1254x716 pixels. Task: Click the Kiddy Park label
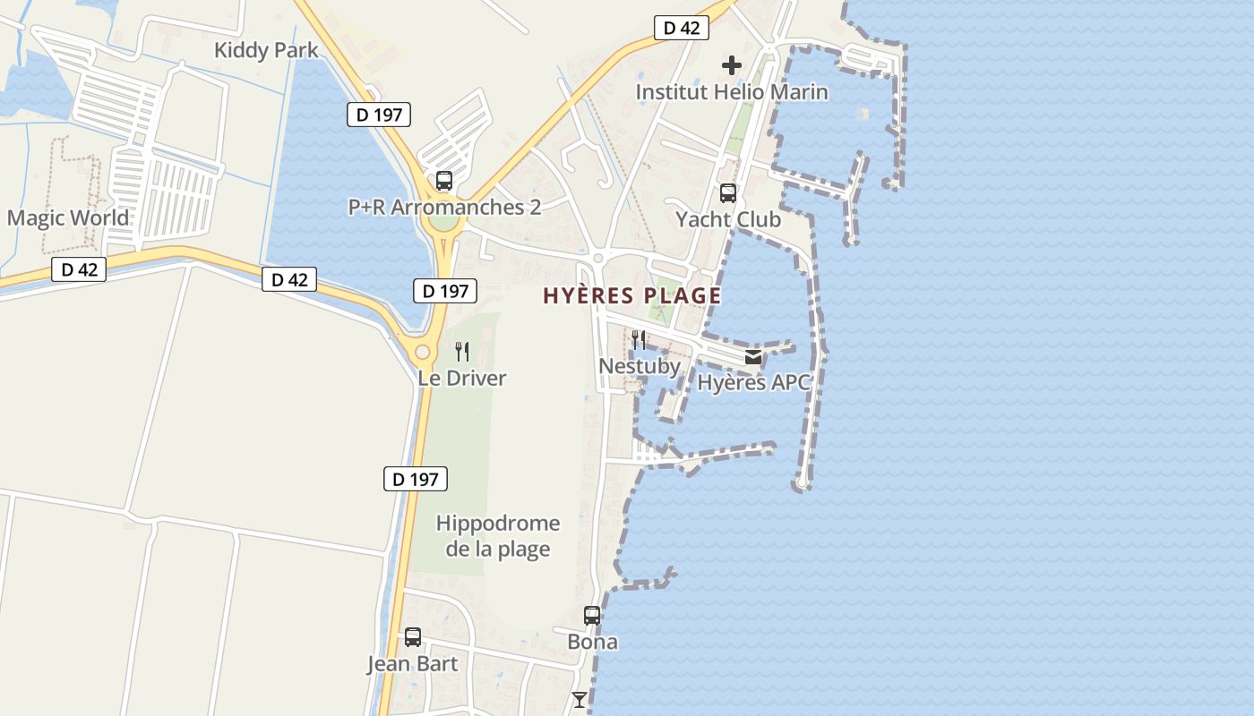[x=266, y=50]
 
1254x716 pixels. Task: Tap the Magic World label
[x=68, y=217]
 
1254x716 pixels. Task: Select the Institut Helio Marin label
[x=731, y=91]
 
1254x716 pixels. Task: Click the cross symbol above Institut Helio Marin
[x=732, y=65]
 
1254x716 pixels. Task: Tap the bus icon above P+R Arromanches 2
[x=443, y=181]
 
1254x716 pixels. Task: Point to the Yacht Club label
[x=727, y=219]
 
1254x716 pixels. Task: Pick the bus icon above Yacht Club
[x=728, y=193]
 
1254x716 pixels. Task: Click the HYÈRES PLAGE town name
[x=631, y=295]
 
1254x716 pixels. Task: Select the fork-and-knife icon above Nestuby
[x=639, y=340]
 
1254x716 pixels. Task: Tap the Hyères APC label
[x=753, y=383]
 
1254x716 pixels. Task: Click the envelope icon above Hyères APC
[x=753, y=357]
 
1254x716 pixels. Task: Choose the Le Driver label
[x=462, y=378]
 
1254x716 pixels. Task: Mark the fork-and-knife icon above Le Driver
[x=462, y=352]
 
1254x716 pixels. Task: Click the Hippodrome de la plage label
[x=497, y=535]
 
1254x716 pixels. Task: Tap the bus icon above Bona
[x=592, y=616]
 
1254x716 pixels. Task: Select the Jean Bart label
[x=412, y=664]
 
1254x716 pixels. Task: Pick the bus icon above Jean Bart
[x=412, y=637]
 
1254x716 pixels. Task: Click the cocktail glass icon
[x=580, y=700]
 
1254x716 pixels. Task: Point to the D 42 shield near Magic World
[x=79, y=269]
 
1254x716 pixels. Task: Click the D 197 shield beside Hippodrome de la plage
[x=416, y=479]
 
